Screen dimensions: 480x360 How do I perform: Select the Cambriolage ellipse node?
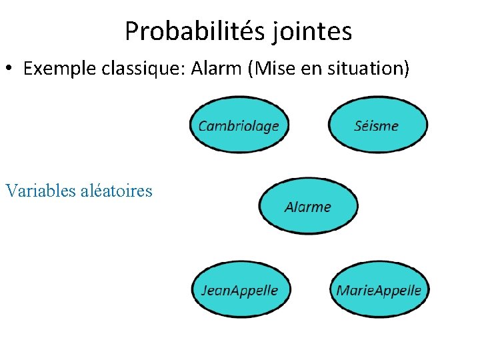click(239, 125)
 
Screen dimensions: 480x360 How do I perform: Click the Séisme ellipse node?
click(377, 125)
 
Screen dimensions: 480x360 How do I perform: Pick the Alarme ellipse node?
click(308, 206)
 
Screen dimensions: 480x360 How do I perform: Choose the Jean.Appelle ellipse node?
click(239, 289)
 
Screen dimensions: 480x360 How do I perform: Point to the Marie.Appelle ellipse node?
click(379, 289)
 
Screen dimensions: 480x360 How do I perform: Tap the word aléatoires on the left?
click(116, 191)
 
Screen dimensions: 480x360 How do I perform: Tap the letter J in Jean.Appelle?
click(205, 290)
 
